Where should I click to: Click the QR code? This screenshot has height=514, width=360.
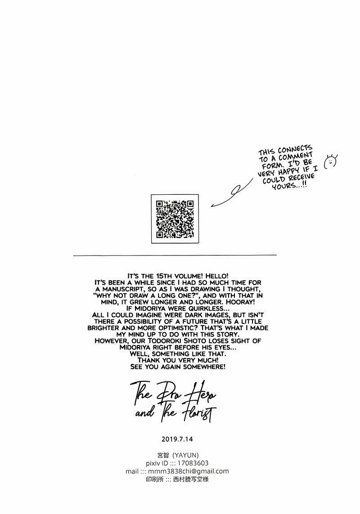tap(175, 219)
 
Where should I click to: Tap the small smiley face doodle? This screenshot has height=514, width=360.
tap(330, 161)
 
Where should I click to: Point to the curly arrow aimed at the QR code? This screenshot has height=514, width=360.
tap(232, 193)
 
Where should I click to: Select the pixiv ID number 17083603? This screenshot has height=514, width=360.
tap(193, 463)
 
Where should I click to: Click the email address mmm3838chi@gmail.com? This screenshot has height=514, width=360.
tap(188, 471)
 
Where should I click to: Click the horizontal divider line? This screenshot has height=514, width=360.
tap(175, 255)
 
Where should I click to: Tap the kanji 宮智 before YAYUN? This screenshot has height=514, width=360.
tap(163, 455)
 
